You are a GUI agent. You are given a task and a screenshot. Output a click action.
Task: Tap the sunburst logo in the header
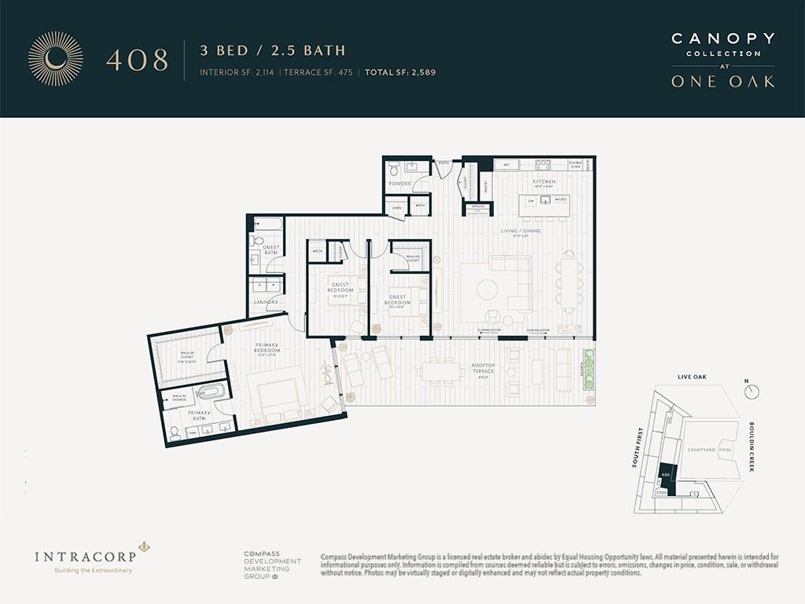pos(55,57)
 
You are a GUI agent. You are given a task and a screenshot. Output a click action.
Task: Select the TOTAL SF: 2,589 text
pos(399,72)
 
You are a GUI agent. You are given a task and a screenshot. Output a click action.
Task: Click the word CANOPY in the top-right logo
pos(722,39)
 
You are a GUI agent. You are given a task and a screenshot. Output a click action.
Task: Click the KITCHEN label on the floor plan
pos(544,182)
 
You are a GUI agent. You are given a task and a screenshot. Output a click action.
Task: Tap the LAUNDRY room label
pos(262,301)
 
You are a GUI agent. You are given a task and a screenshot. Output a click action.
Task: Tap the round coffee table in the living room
pos(486,288)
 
